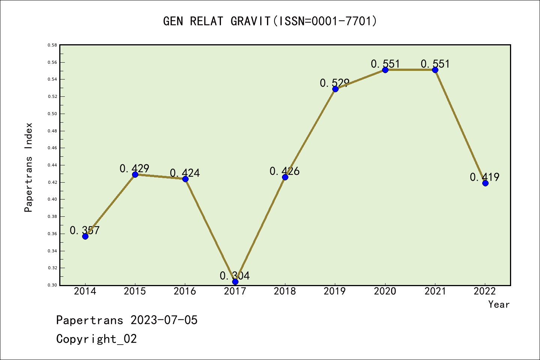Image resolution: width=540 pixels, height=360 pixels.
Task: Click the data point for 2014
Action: point(85,236)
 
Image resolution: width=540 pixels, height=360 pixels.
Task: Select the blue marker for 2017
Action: point(235,282)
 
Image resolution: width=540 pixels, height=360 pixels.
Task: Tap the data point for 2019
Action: point(335,89)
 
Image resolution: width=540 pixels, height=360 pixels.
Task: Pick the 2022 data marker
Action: point(485,183)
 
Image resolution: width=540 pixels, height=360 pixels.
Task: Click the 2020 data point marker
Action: point(385,70)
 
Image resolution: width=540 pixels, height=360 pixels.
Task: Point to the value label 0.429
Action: point(134,169)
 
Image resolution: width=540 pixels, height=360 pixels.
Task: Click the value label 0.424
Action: point(185,173)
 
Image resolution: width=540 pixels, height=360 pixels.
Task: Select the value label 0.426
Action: point(285,171)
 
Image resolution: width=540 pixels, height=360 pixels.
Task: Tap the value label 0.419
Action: point(484,177)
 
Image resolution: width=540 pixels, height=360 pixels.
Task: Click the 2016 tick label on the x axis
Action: point(185,291)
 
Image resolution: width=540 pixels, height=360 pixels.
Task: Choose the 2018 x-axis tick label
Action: point(285,291)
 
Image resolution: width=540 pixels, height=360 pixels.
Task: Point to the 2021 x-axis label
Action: point(435,291)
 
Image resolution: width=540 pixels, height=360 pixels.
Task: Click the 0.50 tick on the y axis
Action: point(52,114)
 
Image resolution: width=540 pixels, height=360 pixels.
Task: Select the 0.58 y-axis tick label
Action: point(52,45)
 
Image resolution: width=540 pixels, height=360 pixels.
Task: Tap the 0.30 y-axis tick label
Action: point(52,285)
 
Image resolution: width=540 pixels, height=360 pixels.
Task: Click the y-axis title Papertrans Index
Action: point(28,167)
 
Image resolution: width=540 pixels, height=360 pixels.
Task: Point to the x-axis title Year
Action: point(499,304)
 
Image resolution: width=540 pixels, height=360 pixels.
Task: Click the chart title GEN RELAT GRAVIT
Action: point(270,21)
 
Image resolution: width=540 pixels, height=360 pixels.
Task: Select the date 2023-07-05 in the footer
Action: point(164,320)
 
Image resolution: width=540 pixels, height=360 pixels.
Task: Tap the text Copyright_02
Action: point(96,339)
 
